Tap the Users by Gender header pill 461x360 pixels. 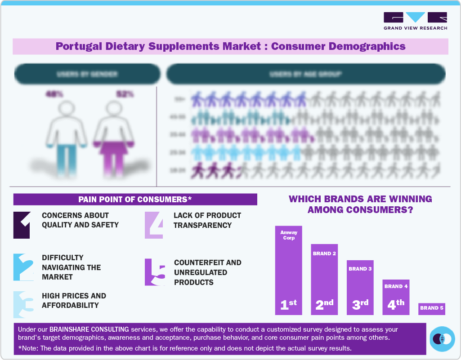pos(87,74)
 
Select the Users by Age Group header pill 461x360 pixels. pos(306,74)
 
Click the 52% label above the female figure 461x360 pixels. pos(125,94)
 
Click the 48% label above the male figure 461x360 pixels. pos(54,94)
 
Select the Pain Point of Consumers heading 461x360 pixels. pos(135,199)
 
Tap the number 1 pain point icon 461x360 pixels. pos(22,225)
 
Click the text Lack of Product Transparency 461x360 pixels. pos(207,220)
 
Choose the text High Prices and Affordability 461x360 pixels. pos(74,300)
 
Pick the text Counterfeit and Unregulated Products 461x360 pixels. pos(207,272)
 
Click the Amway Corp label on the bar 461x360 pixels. pos(288,235)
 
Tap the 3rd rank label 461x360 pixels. pos(360,304)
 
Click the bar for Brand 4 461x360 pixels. pos(396,297)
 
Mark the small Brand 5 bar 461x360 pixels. pos(431,308)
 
